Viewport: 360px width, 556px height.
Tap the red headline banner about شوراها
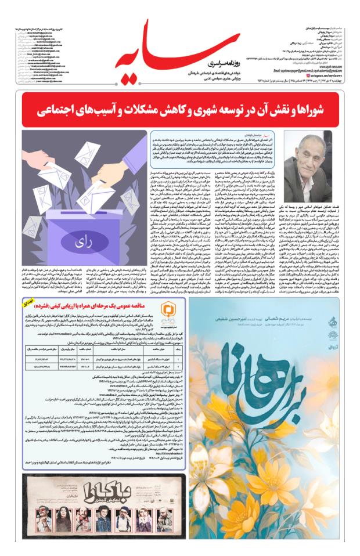click(x=180, y=109)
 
